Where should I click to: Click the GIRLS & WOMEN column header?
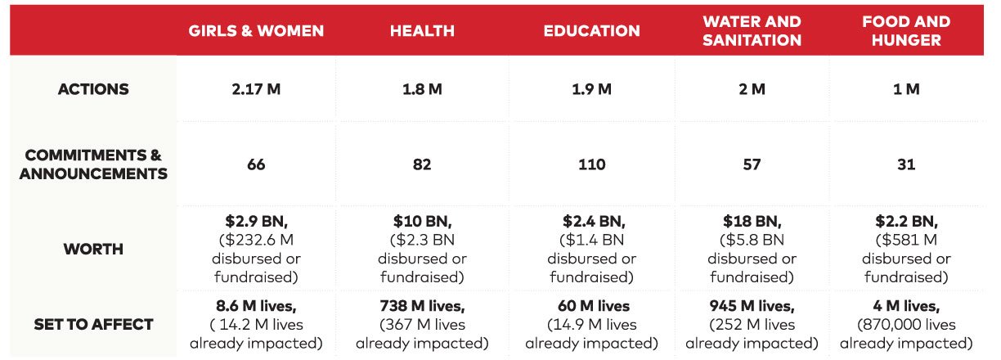256,32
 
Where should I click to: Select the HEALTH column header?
422,32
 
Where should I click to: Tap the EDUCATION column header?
591,32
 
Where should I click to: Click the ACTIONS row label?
92,89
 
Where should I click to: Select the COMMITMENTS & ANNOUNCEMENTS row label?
92,164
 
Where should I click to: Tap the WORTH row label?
92,250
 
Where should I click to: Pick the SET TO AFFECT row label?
92,324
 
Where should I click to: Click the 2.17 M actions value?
256,89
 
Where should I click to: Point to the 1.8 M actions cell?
422,89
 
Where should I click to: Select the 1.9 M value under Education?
591,89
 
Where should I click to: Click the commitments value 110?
591,164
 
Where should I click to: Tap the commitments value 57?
752,164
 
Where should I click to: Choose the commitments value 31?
906,164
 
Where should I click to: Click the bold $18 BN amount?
751,222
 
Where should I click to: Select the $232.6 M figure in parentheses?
256,241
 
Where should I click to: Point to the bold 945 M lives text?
752,306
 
